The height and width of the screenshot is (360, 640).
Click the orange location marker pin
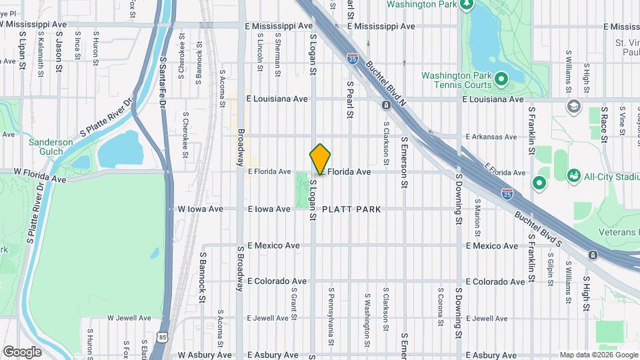pos(321,159)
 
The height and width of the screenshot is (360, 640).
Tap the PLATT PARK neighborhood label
pos(351,209)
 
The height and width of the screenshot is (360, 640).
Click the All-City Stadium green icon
pos(573,175)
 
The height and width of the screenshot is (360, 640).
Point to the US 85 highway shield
pos(163,339)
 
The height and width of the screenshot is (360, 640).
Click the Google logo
pos(22,351)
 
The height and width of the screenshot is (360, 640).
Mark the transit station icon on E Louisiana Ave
pos(386,105)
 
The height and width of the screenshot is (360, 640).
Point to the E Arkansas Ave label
pos(491,137)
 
